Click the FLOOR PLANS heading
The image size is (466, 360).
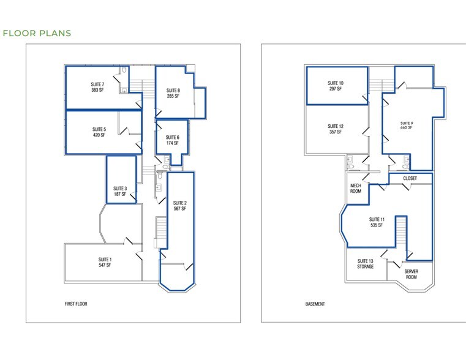[x=37, y=34]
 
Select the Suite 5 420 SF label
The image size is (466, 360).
[x=99, y=132]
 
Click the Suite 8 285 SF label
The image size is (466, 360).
[x=173, y=93]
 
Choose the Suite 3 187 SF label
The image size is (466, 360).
[x=120, y=191]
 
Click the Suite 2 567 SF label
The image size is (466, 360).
[x=179, y=206]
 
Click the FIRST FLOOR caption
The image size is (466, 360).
[x=76, y=304]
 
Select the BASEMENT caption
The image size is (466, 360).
[x=315, y=304]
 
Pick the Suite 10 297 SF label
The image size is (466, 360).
[x=335, y=86]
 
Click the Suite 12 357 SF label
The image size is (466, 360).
[x=336, y=129]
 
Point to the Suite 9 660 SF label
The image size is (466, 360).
[x=408, y=125]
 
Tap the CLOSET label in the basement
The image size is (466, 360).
[x=410, y=178]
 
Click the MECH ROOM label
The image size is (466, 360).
[x=355, y=189]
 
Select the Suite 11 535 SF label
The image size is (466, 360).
[x=377, y=222]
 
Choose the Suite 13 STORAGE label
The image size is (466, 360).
[x=366, y=264]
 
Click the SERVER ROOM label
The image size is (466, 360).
[x=411, y=274]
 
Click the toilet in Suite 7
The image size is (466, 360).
[x=124, y=72]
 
